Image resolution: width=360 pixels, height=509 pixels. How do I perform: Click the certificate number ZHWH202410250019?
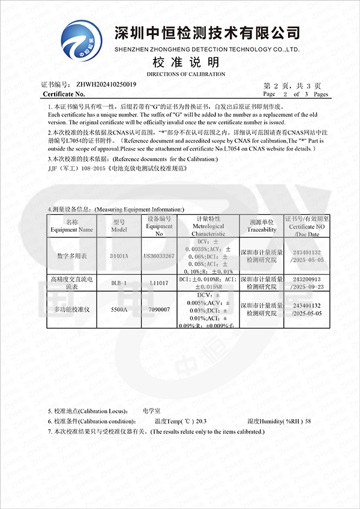(x=106, y=84)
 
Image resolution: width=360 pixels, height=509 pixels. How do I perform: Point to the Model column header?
(x=119, y=226)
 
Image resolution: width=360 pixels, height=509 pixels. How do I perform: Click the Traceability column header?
(x=262, y=226)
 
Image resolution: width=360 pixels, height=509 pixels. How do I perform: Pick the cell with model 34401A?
(x=119, y=256)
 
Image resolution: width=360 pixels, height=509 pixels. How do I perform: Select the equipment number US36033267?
(x=159, y=256)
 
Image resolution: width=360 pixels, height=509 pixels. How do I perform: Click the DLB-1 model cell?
(x=119, y=282)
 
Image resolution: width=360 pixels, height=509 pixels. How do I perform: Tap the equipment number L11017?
(x=159, y=282)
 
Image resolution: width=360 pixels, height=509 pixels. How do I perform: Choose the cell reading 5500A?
(x=119, y=309)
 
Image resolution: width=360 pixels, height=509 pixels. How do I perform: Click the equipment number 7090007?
(x=159, y=309)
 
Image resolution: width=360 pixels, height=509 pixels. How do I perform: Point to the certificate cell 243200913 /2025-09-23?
(x=307, y=282)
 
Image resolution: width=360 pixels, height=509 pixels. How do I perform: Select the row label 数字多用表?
(x=72, y=256)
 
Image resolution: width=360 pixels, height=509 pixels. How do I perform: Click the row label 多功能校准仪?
(x=72, y=309)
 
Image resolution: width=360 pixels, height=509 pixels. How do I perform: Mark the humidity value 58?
(x=308, y=421)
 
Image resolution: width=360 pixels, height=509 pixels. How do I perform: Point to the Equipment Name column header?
(x=72, y=226)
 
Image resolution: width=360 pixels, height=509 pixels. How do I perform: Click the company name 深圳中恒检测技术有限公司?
(x=206, y=32)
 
